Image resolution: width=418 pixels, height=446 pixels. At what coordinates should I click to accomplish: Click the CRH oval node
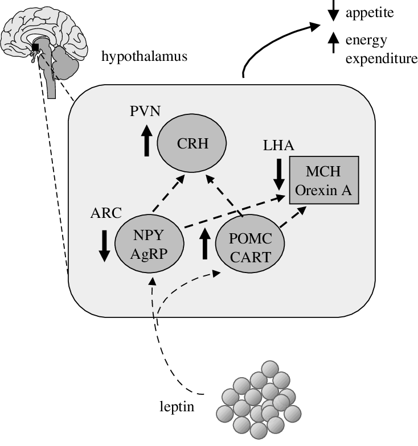[x=192, y=144]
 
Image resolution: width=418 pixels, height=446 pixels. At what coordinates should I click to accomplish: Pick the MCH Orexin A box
[x=323, y=180]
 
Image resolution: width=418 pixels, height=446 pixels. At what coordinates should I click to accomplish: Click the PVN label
[x=145, y=111]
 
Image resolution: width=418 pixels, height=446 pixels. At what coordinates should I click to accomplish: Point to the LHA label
[x=278, y=146]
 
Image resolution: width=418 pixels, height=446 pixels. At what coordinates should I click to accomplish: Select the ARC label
[x=106, y=213]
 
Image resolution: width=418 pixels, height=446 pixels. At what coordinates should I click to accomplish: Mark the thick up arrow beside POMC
[x=204, y=242]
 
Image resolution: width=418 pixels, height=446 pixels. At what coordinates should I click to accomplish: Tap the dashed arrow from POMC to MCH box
[x=294, y=218]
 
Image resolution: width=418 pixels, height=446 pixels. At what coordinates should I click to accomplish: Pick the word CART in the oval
[x=250, y=258]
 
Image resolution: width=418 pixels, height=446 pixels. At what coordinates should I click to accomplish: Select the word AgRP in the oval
[x=149, y=254]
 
